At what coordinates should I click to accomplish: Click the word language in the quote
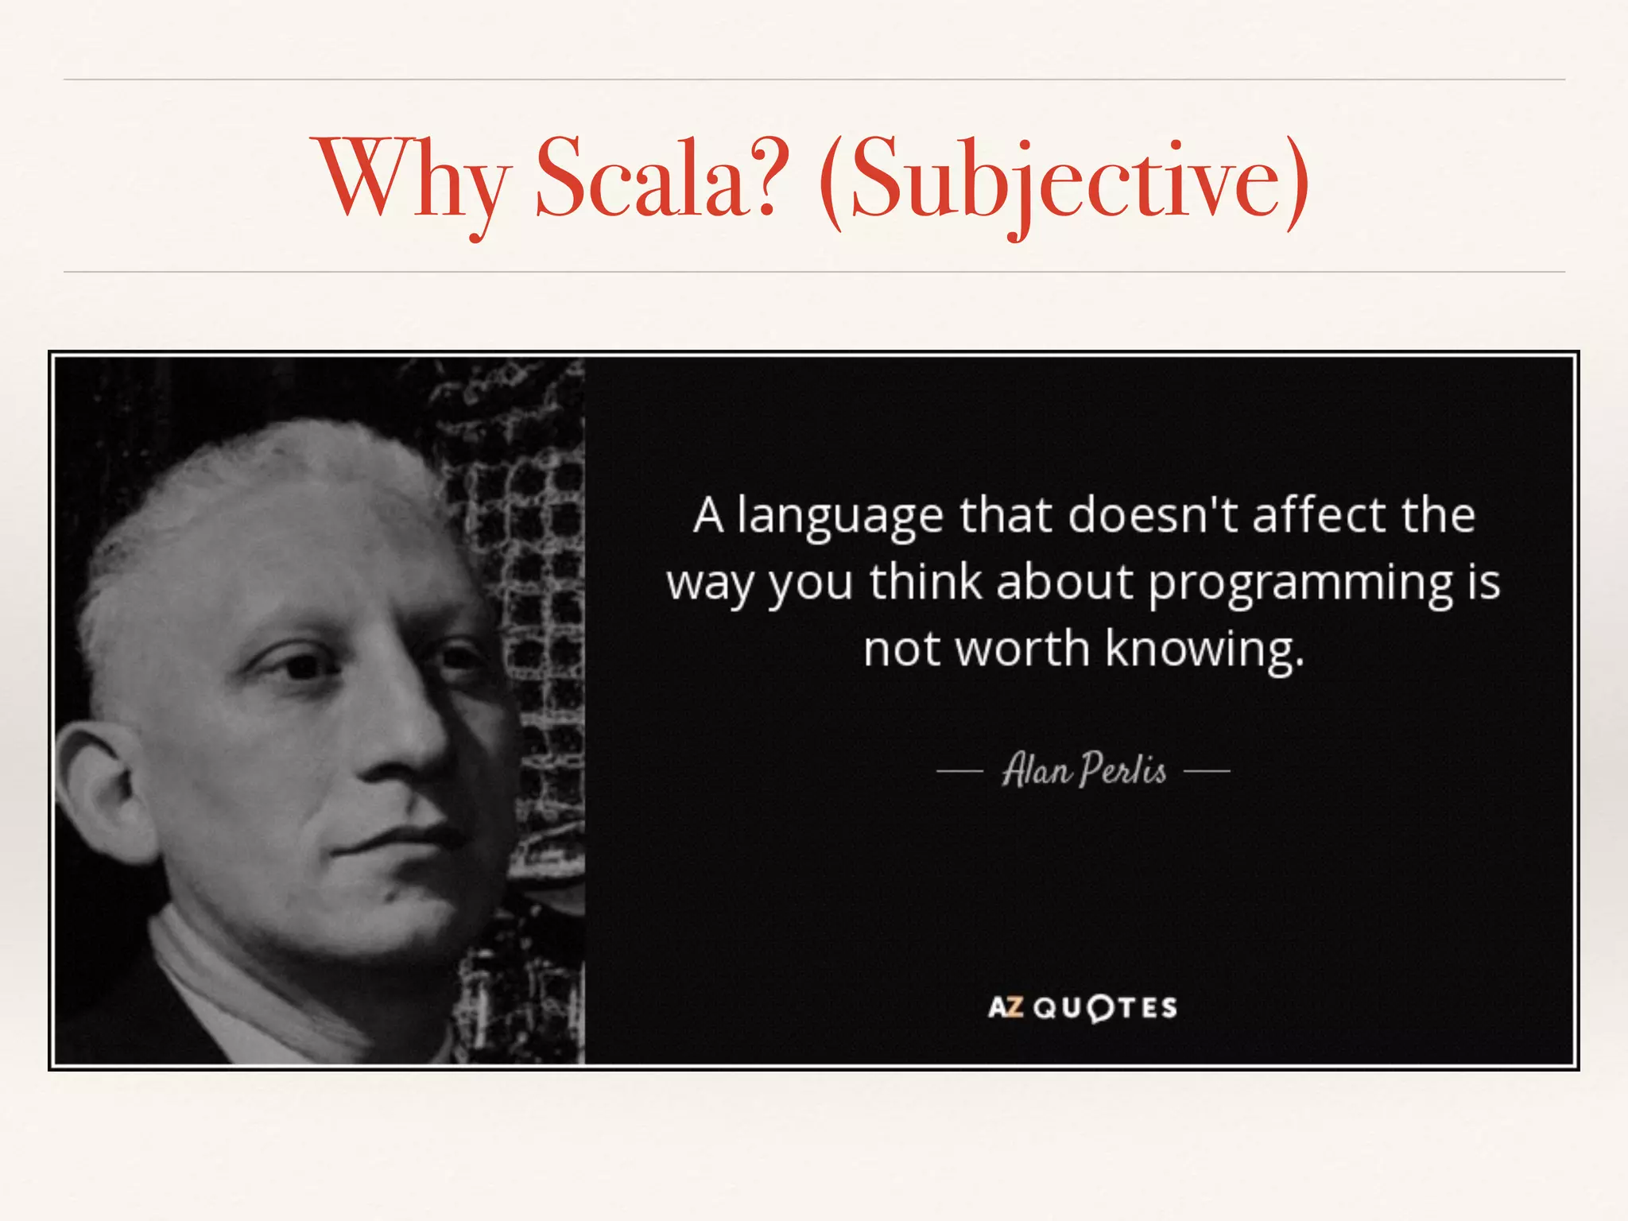pos(839,517)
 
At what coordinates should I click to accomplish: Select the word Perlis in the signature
pos(1123,769)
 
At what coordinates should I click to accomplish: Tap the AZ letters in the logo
pos(1005,1008)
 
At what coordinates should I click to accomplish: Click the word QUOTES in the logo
pos(1106,1008)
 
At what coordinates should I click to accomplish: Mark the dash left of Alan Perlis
pos(959,770)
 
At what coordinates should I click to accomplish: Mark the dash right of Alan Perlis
pos(1207,770)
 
